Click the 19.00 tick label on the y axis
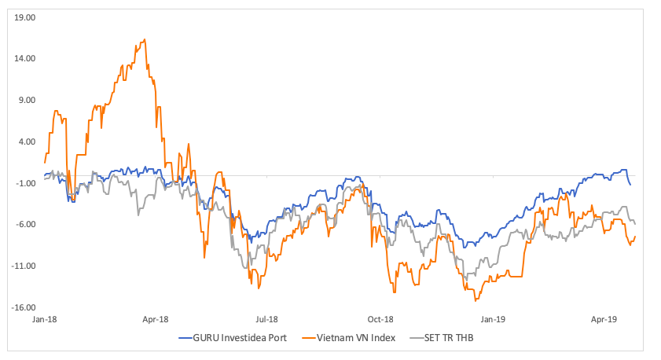[x=26, y=17]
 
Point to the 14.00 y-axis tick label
[x=26, y=58]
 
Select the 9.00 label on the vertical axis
[x=28, y=100]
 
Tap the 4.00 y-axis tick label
[x=28, y=141]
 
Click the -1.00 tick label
[x=26, y=183]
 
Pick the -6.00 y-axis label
[x=26, y=225]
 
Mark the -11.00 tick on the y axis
[x=24, y=266]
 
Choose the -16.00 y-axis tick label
[x=24, y=308]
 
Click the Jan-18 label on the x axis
[x=44, y=320]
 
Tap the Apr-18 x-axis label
[x=156, y=320]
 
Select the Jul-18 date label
[x=267, y=320]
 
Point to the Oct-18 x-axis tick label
[x=380, y=320]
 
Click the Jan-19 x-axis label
[x=493, y=320]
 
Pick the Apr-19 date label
[x=604, y=320]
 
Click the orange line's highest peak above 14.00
[x=145, y=39]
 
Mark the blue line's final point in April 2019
[x=630, y=185]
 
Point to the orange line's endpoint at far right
[x=635, y=236]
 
